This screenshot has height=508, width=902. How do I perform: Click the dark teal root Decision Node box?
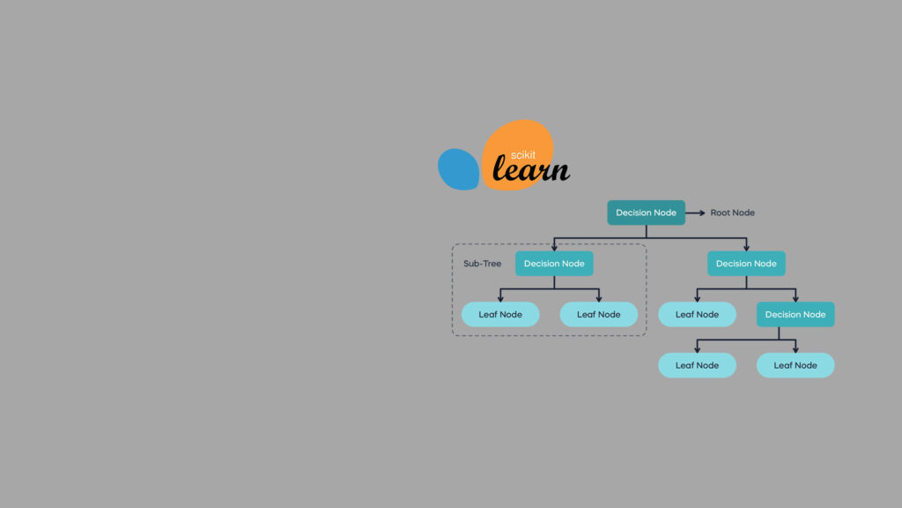pos(646,213)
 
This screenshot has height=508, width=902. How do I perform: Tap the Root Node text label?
pos(732,213)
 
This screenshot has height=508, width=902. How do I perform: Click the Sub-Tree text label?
pos(482,264)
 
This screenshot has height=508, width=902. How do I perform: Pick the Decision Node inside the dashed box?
pos(554,264)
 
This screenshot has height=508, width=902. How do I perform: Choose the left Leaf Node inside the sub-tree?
pos(500,315)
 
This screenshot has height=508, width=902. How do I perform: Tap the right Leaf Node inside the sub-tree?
pos(598,315)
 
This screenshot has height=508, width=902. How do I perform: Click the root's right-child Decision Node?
pos(746,264)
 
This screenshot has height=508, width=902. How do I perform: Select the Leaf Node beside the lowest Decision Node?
pos(697,315)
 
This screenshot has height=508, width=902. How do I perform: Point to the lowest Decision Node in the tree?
pos(795,315)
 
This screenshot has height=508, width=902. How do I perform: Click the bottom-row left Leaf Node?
pos(697,365)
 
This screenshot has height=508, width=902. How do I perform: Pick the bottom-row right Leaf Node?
pos(795,365)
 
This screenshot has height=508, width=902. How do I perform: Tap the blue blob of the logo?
pos(457,169)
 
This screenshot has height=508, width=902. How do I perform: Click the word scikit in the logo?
pos(523,154)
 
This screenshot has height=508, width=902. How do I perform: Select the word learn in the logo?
pos(530,169)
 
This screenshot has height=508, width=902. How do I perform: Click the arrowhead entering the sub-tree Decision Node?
pos(554,247)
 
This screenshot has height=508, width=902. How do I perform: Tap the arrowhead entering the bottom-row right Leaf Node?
pos(795,349)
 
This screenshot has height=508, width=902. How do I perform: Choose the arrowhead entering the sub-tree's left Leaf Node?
pos(500,298)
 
